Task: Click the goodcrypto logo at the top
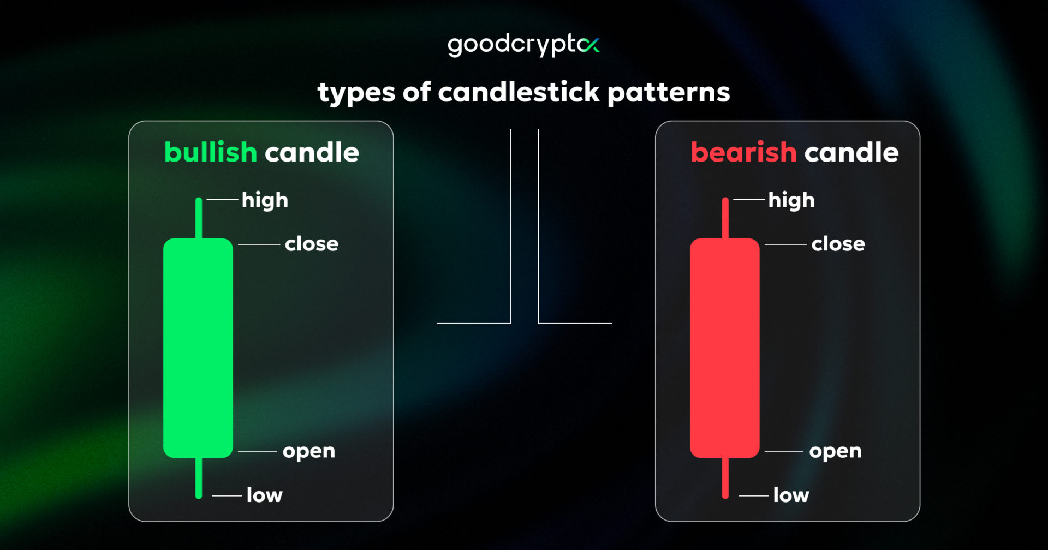point(523,45)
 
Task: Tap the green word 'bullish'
point(211,152)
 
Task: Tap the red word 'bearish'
point(743,152)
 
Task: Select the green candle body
point(198,348)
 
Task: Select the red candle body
point(724,348)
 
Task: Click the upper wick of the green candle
point(199,218)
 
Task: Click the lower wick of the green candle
point(199,477)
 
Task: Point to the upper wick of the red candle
point(725,218)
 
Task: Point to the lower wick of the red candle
point(725,477)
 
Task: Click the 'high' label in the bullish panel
point(265,200)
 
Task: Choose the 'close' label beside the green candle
point(312,244)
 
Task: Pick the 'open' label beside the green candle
point(309,452)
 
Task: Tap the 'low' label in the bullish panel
point(265,495)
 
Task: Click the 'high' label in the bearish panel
point(791,200)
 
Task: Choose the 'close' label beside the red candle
point(838,244)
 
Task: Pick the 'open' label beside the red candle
point(835,452)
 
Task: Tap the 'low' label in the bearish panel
point(791,495)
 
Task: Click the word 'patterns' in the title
point(669,93)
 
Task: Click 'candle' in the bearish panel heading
point(851,152)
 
